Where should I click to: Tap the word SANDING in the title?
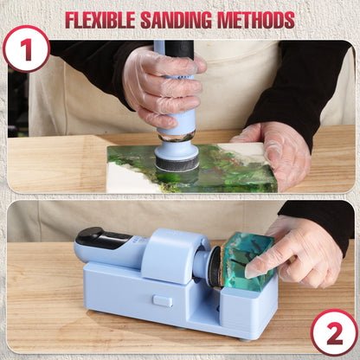click(187, 19)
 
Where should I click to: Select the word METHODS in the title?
click(257, 19)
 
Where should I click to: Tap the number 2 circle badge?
click(335, 331)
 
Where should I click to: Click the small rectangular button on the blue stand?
click(163, 300)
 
